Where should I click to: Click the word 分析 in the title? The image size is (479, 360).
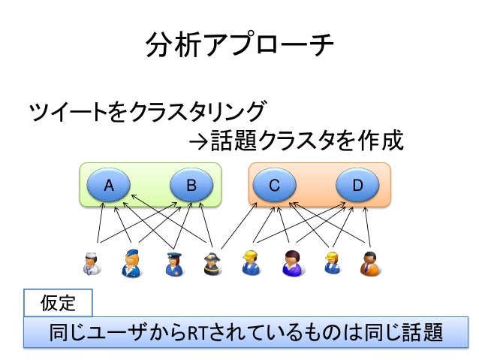tap(164, 47)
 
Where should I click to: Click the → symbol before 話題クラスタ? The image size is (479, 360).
tap(197, 140)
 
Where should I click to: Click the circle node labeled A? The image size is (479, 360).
tap(108, 184)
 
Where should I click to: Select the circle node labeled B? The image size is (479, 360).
tap(191, 184)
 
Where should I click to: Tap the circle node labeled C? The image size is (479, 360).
tap(275, 184)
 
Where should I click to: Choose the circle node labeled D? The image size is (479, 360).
tap(357, 184)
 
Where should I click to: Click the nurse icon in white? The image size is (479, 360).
tap(92, 263)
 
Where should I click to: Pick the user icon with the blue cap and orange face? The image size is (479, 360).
tap(131, 263)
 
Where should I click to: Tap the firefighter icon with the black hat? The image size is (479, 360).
tap(211, 263)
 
